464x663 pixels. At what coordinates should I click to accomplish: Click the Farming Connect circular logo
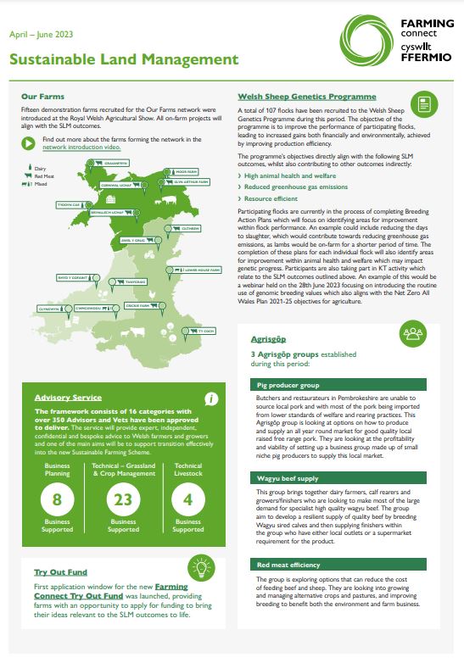pos(366,39)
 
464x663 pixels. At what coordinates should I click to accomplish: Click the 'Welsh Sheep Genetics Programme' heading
pos(307,97)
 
